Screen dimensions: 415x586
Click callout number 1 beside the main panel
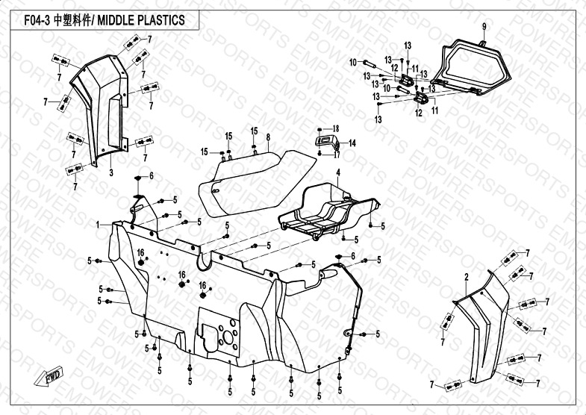click(x=98, y=224)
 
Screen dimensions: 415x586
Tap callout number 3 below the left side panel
click(x=110, y=172)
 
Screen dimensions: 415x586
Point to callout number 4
click(x=337, y=172)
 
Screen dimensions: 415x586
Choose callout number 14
click(x=352, y=142)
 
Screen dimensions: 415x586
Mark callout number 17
click(x=337, y=155)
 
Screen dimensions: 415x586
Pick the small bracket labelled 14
click(x=326, y=141)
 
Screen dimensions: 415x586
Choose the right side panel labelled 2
click(x=485, y=328)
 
